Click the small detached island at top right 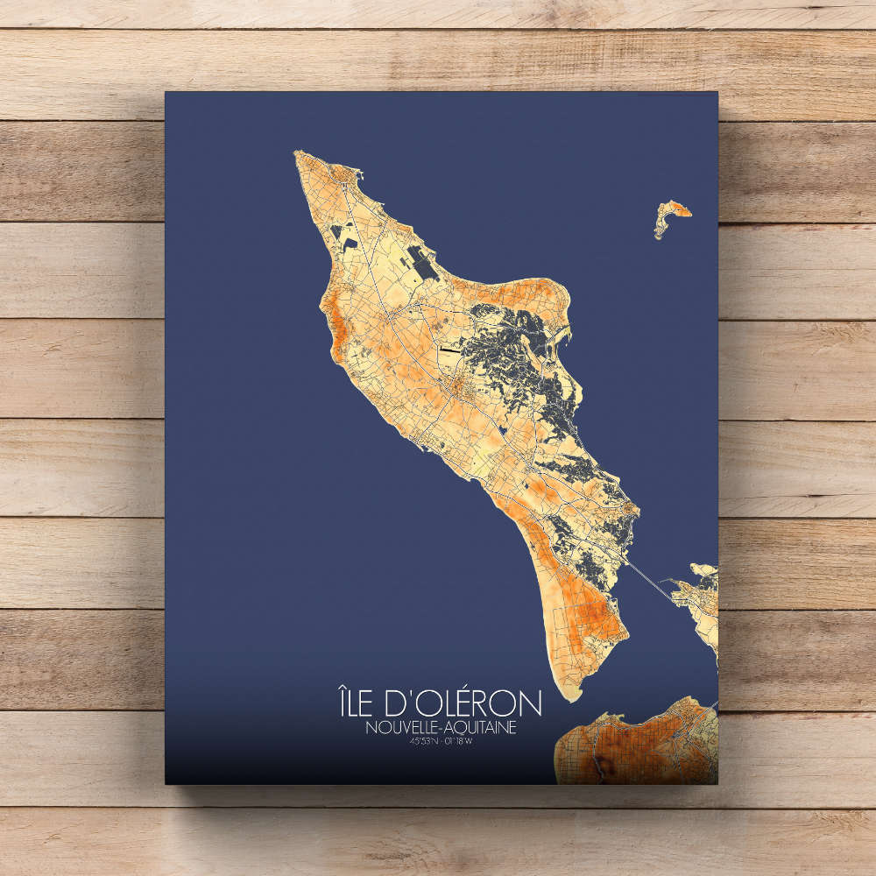[x=670, y=215]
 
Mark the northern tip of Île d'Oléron [x=298, y=154]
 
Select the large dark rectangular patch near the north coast [x=424, y=260]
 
